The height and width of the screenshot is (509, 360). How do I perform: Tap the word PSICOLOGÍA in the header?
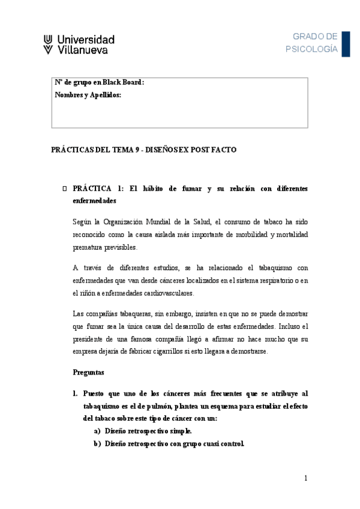pos(312,49)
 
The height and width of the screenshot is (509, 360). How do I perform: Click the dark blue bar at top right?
pos(346,43)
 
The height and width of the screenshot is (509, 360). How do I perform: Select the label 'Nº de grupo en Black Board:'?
pos(99,83)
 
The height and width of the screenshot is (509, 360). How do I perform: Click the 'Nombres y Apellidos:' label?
pos(88,95)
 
